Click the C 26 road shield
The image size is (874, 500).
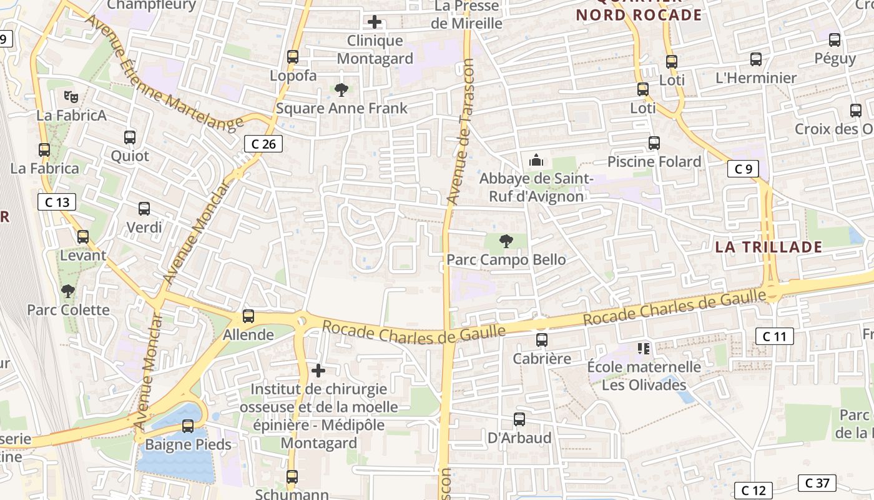pyautogui.click(x=263, y=144)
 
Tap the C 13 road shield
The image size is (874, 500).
pyautogui.click(x=57, y=202)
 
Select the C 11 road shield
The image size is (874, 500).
pyautogui.click(x=774, y=336)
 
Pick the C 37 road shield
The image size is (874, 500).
pyautogui.click(x=817, y=482)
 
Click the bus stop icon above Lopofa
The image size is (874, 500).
pyautogui.click(x=292, y=57)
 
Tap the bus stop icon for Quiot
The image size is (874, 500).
pyautogui.click(x=130, y=137)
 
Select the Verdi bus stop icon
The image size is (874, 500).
pyautogui.click(x=144, y=209)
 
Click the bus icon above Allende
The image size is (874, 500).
pyautogui.click(x=248, y=316)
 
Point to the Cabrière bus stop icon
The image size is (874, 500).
pyautogui.click(x=542, y=340)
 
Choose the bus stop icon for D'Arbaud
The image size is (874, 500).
pyautogui.click(x=519, y=419)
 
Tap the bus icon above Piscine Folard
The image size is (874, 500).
pyautogui.click(x=654, y=143)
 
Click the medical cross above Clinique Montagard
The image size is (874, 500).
pyautogui.click(x=375, y=22)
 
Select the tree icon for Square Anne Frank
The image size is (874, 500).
pyautogui.click(x=341, y=90)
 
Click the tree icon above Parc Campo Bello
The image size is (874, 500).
pyautogui.click(x=506, y=241)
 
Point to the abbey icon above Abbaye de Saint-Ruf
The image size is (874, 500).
pyautogui.click(x=536, y=161)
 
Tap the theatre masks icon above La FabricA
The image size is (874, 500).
pyautogui.click(x=71, y=97)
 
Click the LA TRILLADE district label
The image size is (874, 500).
pyautogui.click(x=768, y=247)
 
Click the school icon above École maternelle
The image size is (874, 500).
pyautogui.click(x=644, y=348)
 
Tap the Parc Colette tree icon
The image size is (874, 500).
pyautogui.click(x=67, y=291)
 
